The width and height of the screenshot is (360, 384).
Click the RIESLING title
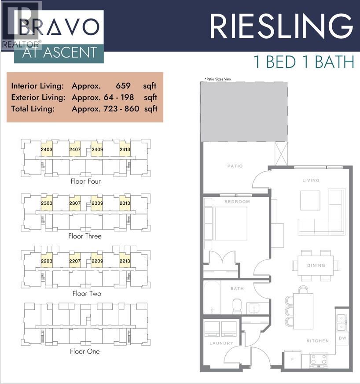pyautogui.click(x=282, y=26)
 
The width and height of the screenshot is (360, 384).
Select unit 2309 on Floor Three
pyautogui.click(x=97, y=203)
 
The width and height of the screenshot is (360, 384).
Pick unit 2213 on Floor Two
pyautogui.click(x=125, y=261)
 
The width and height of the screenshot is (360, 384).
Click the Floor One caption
pyautogui.click(x=84, y=351)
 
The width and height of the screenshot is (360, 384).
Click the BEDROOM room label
pyautogui.click(x=237, y=202)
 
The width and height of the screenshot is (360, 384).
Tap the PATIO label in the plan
pyautogui.click(x=235, y=166)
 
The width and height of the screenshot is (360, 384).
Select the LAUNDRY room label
pyautogui.click(x=221, y=343)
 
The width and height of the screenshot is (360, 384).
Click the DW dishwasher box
pyautogui.click(x=343, y=338)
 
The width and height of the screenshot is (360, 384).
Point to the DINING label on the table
pyautogui.click(x=316, y=266)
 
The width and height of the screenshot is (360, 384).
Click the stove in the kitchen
pyautogui.click(x=318, y=359)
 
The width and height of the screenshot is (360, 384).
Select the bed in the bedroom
pyautogui.click(x=230, y=223)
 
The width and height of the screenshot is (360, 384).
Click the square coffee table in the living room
pyautogui.click(x=311, y=200)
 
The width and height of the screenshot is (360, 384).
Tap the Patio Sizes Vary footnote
pyautogui.click(x=217, y=79)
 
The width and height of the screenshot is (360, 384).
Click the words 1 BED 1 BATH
pyautogui.click(x=304, y=62)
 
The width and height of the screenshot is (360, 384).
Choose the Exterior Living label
pyautogui.click(x=38, y=97)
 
